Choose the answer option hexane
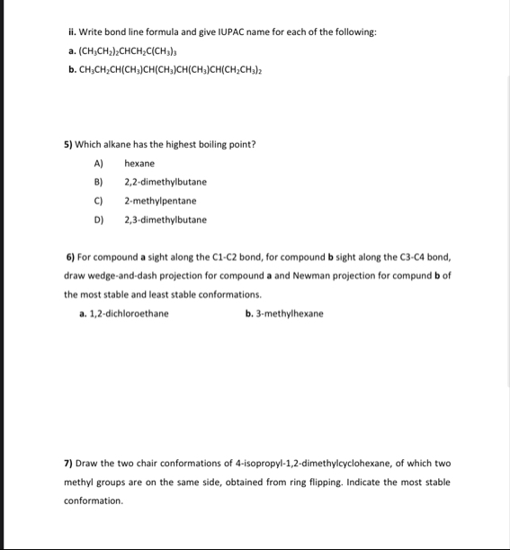[x=139, y=164]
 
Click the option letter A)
[x=98, y=164]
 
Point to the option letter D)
[x=99, y=221]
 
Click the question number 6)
[x=71, y=257]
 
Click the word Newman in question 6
[x=312, y=275]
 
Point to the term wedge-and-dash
[x=117, y=275]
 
